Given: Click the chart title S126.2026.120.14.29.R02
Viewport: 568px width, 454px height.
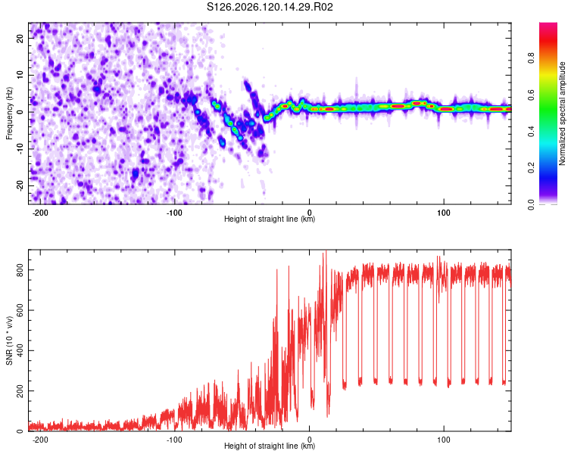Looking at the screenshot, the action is click(x=270, y=7).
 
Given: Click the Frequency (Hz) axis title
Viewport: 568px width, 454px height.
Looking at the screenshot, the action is click(x=9, y=113).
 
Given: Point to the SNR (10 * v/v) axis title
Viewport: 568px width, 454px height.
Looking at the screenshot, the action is click(x=9, y=340).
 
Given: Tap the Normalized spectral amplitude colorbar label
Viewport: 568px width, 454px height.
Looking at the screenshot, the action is click(x=562, y=113).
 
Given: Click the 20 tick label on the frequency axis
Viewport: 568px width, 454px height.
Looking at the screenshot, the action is click(x=20, y=39).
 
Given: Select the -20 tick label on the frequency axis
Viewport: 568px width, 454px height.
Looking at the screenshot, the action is click(x=20, y=186).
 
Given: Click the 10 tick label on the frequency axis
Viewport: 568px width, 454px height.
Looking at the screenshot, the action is click(x=20, y=76).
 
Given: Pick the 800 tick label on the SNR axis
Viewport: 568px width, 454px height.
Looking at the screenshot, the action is click(x=20, y=270).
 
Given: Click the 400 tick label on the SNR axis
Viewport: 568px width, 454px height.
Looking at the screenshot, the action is click(x=20, y=350).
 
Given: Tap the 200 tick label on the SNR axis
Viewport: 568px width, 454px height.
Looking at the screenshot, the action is click(x=20, y=391).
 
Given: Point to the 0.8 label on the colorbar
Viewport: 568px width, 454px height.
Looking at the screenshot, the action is click(x=531, y=58).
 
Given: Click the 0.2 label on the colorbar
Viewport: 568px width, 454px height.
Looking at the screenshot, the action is click(x=531, y=168).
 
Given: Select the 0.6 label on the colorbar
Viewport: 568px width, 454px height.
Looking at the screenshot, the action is click(x=531, y=95).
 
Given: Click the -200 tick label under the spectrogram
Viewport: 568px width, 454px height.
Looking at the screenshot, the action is click(x=40, y=213).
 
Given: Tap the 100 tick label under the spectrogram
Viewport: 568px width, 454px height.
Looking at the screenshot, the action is click(x=444, y=213).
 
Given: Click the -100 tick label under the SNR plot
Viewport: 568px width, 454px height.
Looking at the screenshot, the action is click(x=174, y=440).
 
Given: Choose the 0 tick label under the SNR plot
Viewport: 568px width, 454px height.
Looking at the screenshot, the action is click(x=309, y=440).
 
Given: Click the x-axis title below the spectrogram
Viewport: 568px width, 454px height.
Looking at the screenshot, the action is click(x=270, y=219).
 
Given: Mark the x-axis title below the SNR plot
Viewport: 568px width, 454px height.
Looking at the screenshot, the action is click(x=270, y=446).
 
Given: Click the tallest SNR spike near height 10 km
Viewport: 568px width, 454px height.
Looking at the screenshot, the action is click(x=326, y=251).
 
